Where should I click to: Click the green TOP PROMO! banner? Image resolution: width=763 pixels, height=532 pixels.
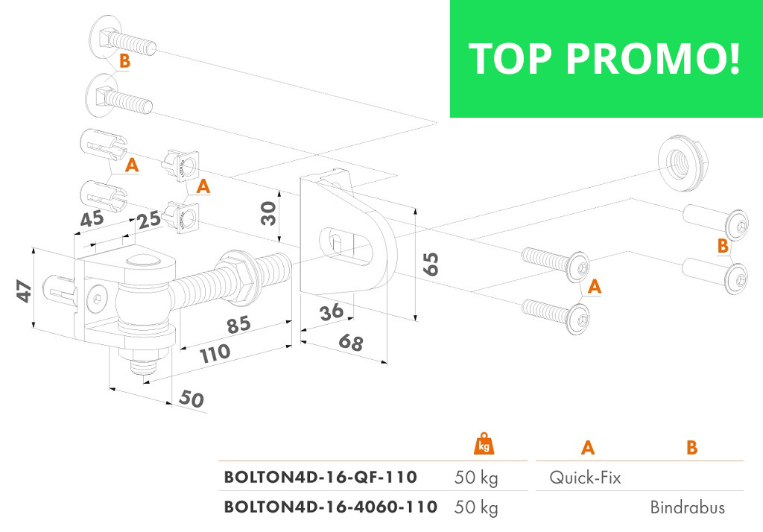[x=606, y=58]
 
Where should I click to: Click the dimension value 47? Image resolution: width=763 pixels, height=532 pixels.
[x=25, y=291]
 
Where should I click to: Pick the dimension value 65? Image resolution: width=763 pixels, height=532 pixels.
[x=430, y=264]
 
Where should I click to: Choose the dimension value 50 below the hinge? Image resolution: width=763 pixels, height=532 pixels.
[x=191, y=399]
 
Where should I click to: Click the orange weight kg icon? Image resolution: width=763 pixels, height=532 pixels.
[x=484, y=444]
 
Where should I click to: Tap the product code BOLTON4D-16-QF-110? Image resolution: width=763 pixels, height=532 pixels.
[x=320, y=477]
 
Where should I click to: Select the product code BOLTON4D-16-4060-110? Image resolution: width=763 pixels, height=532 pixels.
[x=331, y=507]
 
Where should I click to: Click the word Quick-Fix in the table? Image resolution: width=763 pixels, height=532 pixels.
[x=585, y=478]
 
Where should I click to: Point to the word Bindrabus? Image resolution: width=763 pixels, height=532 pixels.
[x=687, y=508]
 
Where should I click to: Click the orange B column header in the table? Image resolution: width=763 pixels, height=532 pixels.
[x=691, y=448]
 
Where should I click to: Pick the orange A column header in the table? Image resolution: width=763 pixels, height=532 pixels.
[x=588, y=448]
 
